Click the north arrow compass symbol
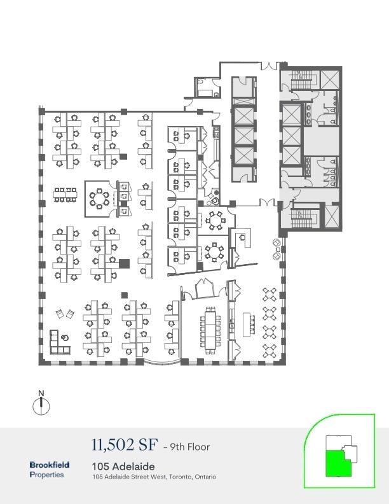(41, 404)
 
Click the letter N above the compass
(41, 392)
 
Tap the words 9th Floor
(189, 446)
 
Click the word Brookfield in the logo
(50, 465)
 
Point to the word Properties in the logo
(46, 475)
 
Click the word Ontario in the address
(205, 477)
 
